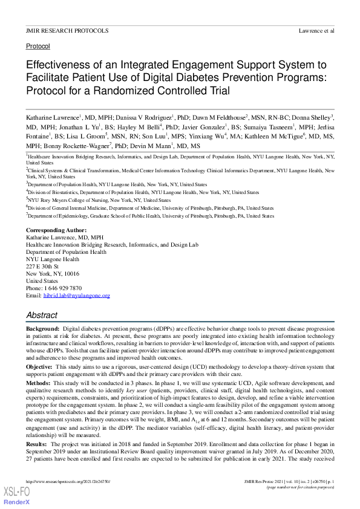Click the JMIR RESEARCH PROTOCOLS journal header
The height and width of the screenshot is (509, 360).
(x=67, y=30)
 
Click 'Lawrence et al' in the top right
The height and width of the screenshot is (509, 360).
(x=316, y=30)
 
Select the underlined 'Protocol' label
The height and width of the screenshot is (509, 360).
(x=38, y=46)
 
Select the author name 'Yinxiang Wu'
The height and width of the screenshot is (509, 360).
(x=206, y=136)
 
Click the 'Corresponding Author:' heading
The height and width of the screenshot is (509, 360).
(x=56, y=231)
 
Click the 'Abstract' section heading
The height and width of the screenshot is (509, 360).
(x=42, y=315)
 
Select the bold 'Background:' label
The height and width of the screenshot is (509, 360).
(x=42, y=328)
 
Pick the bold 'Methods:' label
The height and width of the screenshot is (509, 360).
(x=38, y=383)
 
